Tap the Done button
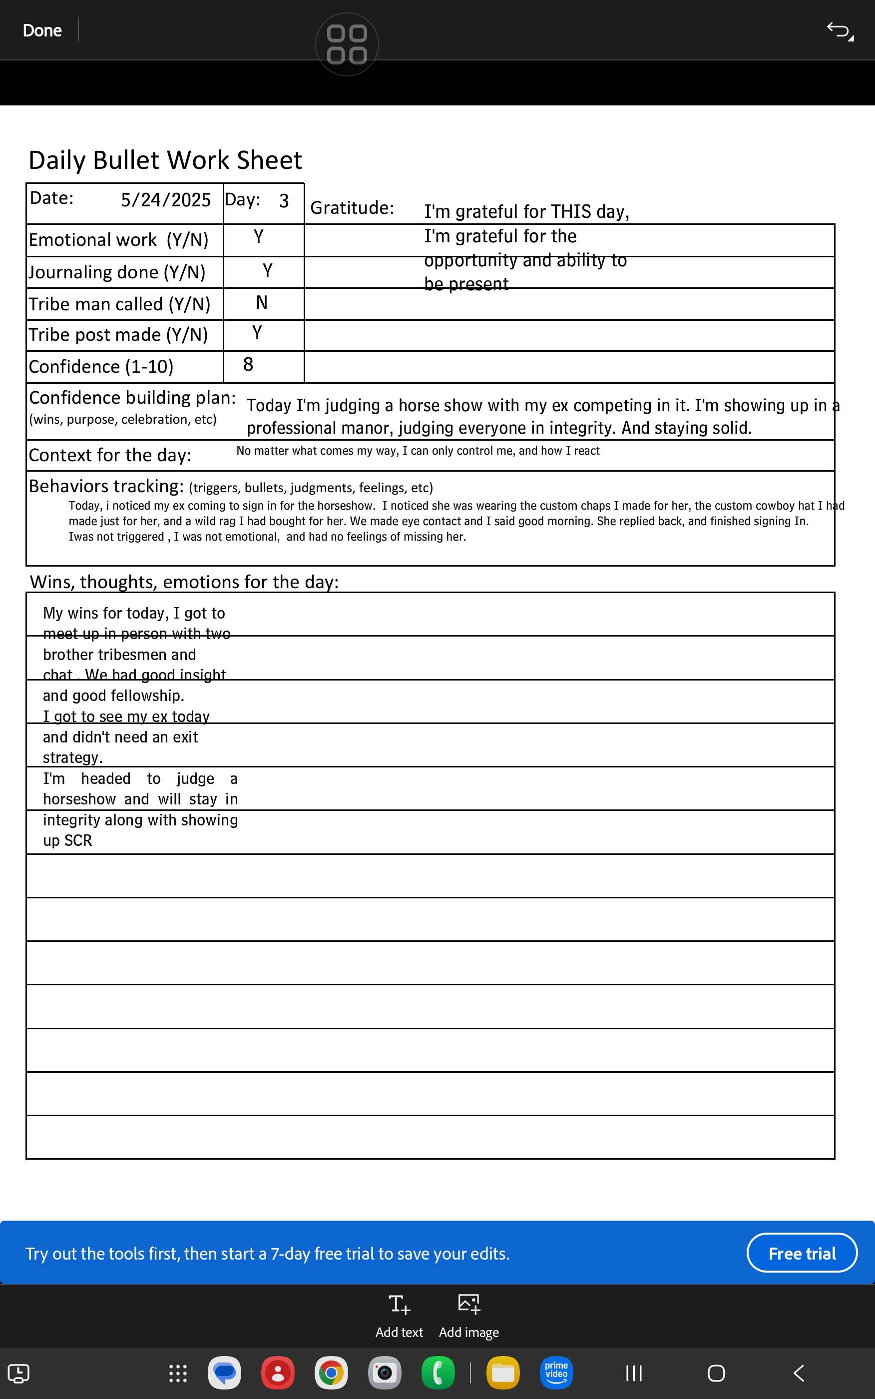[x=41, y=30]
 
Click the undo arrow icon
[x=839, y=30]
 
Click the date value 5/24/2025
[x=165, y=200]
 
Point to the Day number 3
[x=284, y=201]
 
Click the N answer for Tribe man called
[x=262, y=303]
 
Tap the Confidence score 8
[x=248, y=365]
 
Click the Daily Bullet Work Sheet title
[x=165, y=160]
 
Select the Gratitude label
[x=352, y=208]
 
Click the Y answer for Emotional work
[x=259, y=237]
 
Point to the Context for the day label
[x=110, y=456]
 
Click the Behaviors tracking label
[x=106, y=486]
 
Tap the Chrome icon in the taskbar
[x=331, y=1373]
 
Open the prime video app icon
[x=556, y=1373]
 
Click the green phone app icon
[x=438, y=1373]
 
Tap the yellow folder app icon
[x=502, y=1373]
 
